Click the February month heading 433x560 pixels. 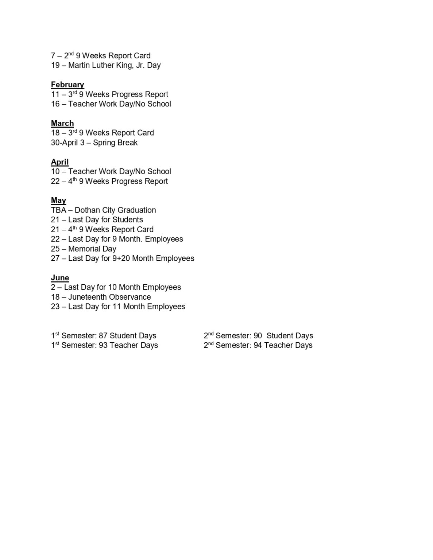pyautogui.click(x=67, y=85)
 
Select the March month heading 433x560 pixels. pyautogui.click(x=62, y=123)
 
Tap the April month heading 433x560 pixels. pyautogui.click(x=60, y=162)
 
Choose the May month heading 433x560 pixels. pyautogui.click(x=58, y=201)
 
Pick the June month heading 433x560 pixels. pyautogui.click(x=60, y=278)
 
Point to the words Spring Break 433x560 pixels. pyautogui.click(x=115, y=143)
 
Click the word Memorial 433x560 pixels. pyautogui.click(x=82, y=249)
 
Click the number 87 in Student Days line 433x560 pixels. pyautogui.click(x=103, y=336)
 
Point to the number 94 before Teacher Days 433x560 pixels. pyautogui.click(x=258, y=345)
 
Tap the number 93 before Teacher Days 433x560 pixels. pyautogui.click(x=103, y=345)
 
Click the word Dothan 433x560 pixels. pyautogui.click(x=86, y=210)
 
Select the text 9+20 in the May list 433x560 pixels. pyautogui.click(x=121, y=258)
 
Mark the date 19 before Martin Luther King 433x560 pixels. pyautogui.click(x=55, y=66)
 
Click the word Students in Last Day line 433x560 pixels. pyautogui.click(x=128, y=220)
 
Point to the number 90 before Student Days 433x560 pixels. pyautogui.click(x=258, y=336)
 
